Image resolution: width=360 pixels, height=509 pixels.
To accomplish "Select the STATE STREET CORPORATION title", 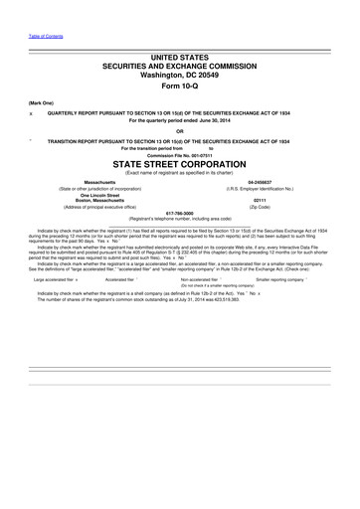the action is pyautogui.click(x=179, y=164).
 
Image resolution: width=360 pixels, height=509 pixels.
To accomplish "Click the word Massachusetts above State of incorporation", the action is pyautogui.click(x=99, y=183).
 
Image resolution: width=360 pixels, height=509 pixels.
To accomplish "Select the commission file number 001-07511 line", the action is pyautogui.click(x=179, y=154).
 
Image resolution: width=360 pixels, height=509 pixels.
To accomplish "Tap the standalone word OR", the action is pyautogui.click(x=179, y=131).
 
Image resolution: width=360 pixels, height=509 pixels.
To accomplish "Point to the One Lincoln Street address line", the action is pyautogui.click(x=99, y=195).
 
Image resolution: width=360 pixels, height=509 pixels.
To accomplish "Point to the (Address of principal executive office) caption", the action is pyautogui.click(x=99, y=206).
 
